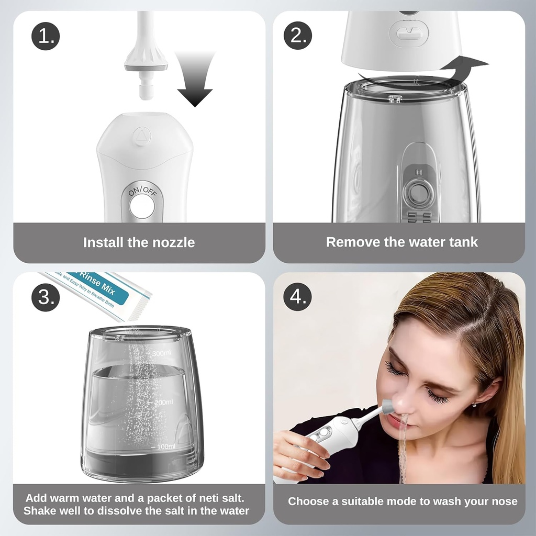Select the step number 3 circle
[46, 297]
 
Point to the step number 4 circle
[297, 297]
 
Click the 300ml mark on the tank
[161, 354]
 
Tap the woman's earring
[474, 404]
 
